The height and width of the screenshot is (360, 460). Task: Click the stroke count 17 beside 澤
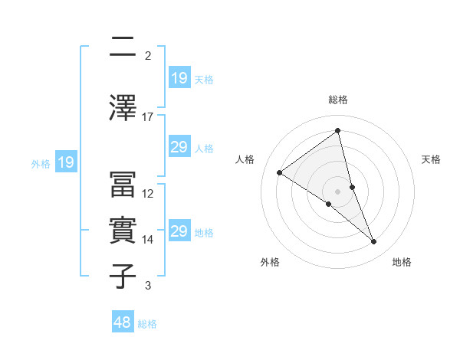[x=148, y=117]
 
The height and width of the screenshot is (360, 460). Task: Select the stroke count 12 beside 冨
[x=148, y=194]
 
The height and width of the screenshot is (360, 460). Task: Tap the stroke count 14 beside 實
[x=148, y=240]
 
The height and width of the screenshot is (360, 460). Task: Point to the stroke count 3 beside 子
[x=148, y=286]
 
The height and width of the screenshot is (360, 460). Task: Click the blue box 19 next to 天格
[x=179, y=79]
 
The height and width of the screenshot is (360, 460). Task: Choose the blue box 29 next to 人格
[x=179, y=148]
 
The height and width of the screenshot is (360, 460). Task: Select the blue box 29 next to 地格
[x=179, y=232]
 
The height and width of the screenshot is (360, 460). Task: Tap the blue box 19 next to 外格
[x=66, y=162]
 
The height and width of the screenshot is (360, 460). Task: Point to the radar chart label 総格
[x=338, y=100]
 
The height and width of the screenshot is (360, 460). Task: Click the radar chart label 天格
[x=431, y=159]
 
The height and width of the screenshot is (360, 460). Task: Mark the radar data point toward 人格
[x=280, y=172]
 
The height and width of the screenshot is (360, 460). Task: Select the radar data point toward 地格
[x=374, y=242]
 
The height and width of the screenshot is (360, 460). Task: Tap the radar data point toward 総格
[x=338, y=130]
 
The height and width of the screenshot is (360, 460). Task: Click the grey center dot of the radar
[x=337, y=191]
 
